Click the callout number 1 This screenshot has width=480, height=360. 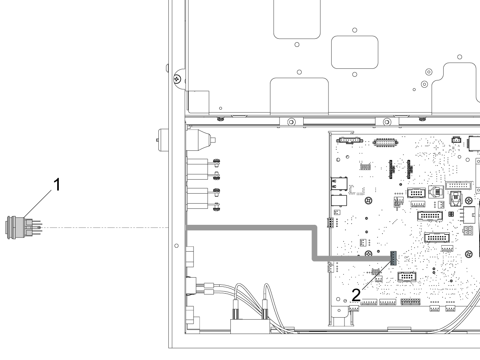pyautogui.click(x=57, y=185)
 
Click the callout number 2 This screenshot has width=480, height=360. pyautogui.click(x=356, y=295)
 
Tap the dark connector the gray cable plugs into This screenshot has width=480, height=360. pyautogui.click(x=393, y=258)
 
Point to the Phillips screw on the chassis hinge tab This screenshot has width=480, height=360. pyautogui.click(x=177, y=79)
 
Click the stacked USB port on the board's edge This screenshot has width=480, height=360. pyautogui.click(x=339, y=184)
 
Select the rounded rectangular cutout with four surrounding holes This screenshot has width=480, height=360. pyautogui.click(x=354, y=52)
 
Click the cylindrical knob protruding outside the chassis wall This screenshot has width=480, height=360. pyautogui.click(x=162, y=140)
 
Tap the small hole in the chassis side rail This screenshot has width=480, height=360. pyautogui.click(x=176, y=246)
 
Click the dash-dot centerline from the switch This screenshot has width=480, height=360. pyautogui.click(x=105, y=228)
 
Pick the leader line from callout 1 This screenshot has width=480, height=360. pyautogui.click(x=38, y=204)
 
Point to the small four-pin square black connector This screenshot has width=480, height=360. pyautogui.click(x=451, y=214)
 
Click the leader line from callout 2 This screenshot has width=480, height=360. pyautogui.click(x=376, y=276)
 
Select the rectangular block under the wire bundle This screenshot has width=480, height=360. pyautogui.click(x=250, y=326)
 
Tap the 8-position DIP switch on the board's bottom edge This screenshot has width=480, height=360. pyautogui.click(x=410, y=302)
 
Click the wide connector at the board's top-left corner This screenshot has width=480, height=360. pyautogui.click(x=350, y=140)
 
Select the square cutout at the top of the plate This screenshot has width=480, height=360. pyautogui.click(x=297, y=19)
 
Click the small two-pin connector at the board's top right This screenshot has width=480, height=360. pyautogui.click(x=456, y=140)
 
